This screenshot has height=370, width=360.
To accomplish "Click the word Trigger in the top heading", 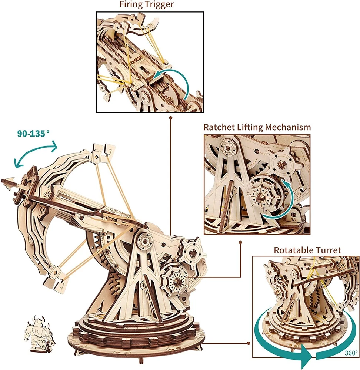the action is [160, 4].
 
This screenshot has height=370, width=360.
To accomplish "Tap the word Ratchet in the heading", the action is [219, 127].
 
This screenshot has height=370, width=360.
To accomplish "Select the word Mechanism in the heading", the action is [288, 127].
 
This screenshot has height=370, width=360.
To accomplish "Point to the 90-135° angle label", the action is [33, 134].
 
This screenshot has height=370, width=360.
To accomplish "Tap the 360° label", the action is [351, 353].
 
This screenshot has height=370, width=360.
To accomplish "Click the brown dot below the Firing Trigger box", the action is [170, 117].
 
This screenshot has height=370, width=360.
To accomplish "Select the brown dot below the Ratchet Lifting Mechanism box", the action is [240, 242].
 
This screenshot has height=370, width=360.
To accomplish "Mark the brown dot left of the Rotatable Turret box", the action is [248, 343].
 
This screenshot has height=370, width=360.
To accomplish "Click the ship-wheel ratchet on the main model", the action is [176, 280].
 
